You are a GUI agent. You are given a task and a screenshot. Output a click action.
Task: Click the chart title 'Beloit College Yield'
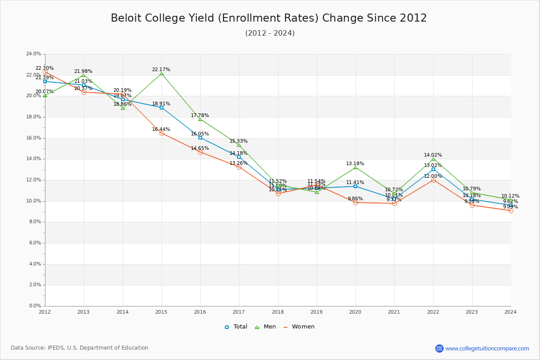(x=269, y=18)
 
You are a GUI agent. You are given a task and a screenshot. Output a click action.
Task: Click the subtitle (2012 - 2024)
(x=270, y=33)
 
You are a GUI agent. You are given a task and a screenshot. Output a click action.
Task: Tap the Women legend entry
(x=299, y=327)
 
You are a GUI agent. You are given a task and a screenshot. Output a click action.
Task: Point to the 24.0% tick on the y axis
(x=34, y=54)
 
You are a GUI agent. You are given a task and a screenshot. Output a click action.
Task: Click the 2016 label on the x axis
(x=200, y=311)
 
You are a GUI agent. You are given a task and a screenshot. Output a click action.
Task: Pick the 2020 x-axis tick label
(x=355, y=311)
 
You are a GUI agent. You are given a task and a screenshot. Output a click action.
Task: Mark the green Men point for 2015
(x=162, y=73)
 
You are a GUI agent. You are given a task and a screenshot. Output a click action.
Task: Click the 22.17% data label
(x=161, y=70)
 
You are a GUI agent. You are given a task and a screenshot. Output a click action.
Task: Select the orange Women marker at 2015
(x=162, y=133)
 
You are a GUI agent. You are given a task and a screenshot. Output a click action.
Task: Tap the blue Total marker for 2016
(x=200, y=138)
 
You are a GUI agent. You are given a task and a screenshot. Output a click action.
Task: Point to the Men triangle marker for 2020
(x=355, y=168)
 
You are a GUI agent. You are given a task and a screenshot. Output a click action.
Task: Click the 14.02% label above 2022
(x=433, y=155)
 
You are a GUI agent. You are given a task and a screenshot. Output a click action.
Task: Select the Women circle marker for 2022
(x=433, y=180)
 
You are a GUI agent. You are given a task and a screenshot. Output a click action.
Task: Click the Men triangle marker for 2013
(x=84, y=76)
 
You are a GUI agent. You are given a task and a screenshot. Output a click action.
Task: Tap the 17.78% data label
(x=200, y=116)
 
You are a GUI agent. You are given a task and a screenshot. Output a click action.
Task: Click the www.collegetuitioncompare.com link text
(x=487, y=348)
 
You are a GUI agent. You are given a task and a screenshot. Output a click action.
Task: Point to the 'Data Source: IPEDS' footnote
(x=80, y=348)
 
